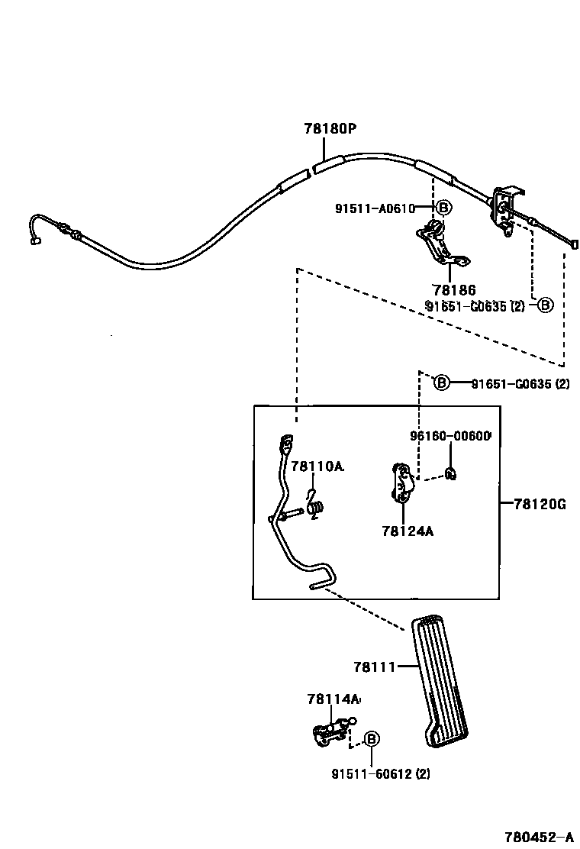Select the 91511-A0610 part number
coord(374,208)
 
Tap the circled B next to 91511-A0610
coord(443,208)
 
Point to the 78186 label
coord(453,290)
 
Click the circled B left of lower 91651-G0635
coord(442,383)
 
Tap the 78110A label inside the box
coord(317,466)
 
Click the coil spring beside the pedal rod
coord(317,507)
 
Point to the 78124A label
coord(408,531)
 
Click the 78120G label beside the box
coord(540,504)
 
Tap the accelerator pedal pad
coord(443,680)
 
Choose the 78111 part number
coord(374,667)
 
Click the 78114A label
coord(333,699)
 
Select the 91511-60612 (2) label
coord(381,773)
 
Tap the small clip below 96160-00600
coord(452,473)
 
